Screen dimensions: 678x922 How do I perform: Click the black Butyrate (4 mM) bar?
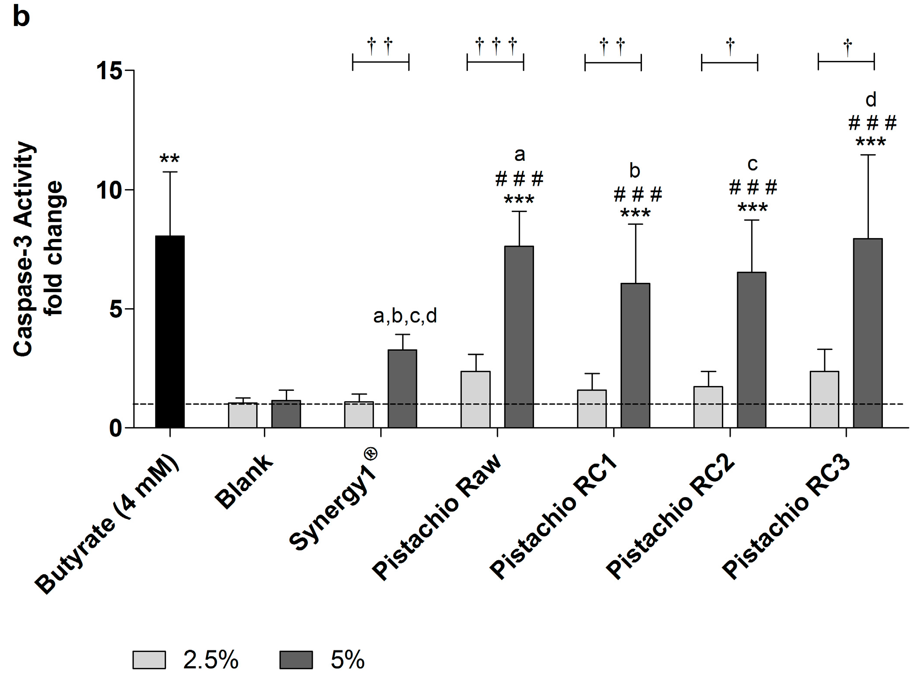170,332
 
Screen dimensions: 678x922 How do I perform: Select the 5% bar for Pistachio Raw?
519,337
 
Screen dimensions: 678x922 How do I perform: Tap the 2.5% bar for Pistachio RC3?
824,399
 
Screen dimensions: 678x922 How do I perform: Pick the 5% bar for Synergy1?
402,389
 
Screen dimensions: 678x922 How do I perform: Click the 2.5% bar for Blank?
243,415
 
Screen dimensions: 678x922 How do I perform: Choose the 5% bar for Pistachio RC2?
752,350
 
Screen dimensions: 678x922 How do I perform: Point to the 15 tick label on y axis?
109,70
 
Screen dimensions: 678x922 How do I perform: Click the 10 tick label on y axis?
109,190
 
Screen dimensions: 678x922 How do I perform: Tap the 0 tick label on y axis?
116,429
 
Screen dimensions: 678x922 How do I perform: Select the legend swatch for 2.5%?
149,660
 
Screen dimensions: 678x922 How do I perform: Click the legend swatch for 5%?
296,660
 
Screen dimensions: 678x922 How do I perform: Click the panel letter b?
21,17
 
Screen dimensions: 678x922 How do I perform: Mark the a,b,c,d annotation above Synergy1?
405,316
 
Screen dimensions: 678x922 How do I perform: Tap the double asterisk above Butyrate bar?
170,159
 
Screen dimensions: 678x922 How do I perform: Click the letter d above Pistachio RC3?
871,100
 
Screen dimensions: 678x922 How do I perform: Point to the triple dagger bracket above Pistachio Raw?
495,54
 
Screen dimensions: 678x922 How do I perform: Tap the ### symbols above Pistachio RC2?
753,188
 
